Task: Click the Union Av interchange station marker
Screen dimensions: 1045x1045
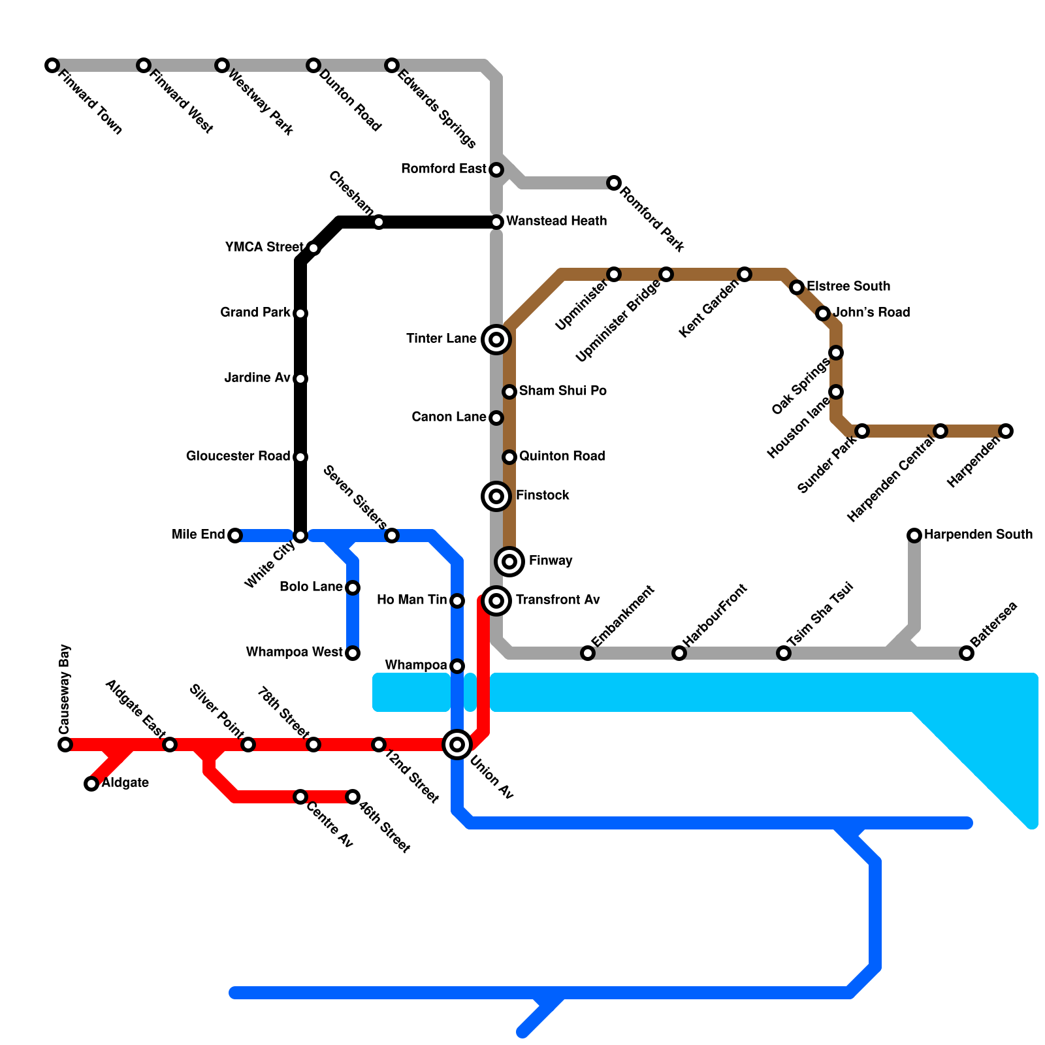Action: coord(457,745)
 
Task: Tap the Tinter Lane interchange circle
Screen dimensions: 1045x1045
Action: coord(496,340)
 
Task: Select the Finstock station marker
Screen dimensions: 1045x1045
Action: coord(496,496)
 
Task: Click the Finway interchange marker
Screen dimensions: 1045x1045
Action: coord(509,562)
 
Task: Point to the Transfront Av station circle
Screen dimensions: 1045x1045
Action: coord(496,601)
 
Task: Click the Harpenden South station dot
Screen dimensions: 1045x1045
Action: coord(914,536)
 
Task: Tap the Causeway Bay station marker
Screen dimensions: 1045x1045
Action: coord(65,745)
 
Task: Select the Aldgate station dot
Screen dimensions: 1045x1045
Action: coord(91,784)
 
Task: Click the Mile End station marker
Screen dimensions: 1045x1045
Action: coord(235,536)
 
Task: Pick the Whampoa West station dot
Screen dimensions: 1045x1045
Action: coord(353,653)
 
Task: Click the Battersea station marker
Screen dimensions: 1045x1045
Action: coord(967,653)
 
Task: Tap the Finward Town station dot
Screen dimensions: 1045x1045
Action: coord(52,65)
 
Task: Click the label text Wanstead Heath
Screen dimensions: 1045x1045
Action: coord(556,221)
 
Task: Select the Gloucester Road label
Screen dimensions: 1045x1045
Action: coord(238,457)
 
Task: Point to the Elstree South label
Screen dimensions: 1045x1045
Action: coord(848,287)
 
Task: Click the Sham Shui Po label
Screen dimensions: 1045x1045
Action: coord(562,391)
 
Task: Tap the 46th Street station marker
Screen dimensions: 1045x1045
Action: coord(353,797)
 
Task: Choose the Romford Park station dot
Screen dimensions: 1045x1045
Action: coord(614,183)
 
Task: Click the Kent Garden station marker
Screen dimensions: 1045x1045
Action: coord(745,274)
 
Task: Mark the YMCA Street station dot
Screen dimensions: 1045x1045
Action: coord(313,248)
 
